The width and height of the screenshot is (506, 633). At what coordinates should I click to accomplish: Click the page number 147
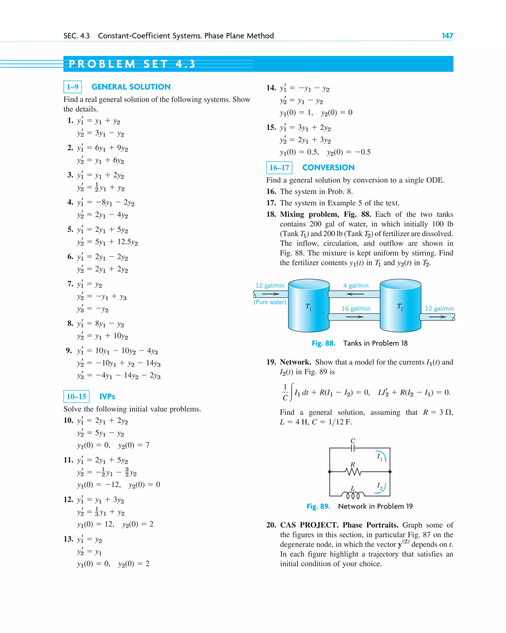coord(447,36)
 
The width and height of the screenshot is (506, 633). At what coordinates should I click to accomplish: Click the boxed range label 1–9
coord(72,87)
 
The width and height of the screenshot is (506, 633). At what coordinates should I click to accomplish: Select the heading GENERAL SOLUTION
coord(131,87)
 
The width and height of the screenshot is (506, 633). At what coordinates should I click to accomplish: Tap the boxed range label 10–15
coord(76,397)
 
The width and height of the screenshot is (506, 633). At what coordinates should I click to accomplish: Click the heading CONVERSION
coord(328,168)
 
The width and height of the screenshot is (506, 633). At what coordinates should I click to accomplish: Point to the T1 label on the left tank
coord(308,306)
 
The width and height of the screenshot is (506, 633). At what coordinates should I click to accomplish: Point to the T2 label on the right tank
coord(400,306)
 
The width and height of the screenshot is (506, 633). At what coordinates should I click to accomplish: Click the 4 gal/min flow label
coord(356,285)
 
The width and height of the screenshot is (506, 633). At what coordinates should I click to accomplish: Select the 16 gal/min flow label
coord(356,308)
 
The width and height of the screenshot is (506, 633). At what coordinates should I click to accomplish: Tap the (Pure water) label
coord(270,302)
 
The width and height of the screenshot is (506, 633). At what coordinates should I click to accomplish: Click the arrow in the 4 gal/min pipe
coord(355,294)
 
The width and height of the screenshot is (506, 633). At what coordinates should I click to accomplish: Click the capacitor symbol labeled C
coord(353,448)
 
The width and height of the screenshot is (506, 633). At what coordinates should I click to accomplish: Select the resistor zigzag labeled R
coord(353,472)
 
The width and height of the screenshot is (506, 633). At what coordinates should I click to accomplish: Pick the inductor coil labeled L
coord(353,495)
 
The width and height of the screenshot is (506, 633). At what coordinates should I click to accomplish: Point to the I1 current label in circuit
coord(379,457)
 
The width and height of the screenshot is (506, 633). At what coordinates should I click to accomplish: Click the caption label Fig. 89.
coord(318,506)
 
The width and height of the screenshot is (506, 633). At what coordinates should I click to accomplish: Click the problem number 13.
coord(68,539)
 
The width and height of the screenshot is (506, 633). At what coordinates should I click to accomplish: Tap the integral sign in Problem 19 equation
coord(291,392)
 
